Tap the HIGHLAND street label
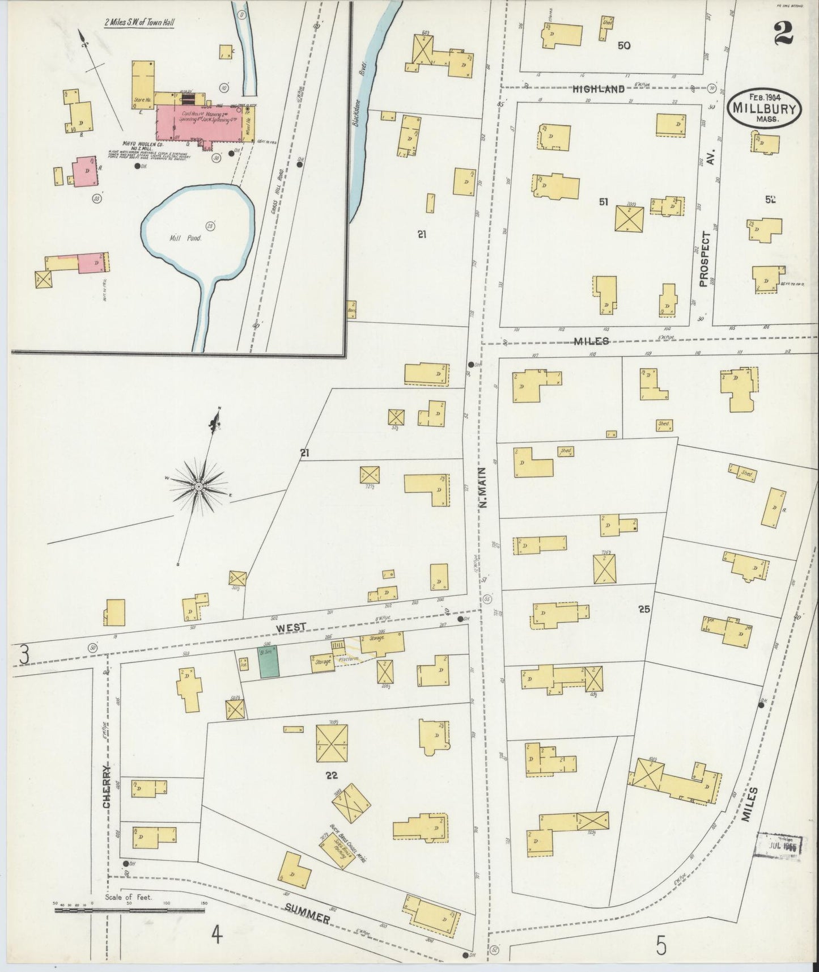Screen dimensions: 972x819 (x=598, y=89)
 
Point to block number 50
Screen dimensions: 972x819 (x=624, y=45)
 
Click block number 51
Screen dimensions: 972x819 (x=604, y=201)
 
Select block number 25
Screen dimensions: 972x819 (x=643, y=610)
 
